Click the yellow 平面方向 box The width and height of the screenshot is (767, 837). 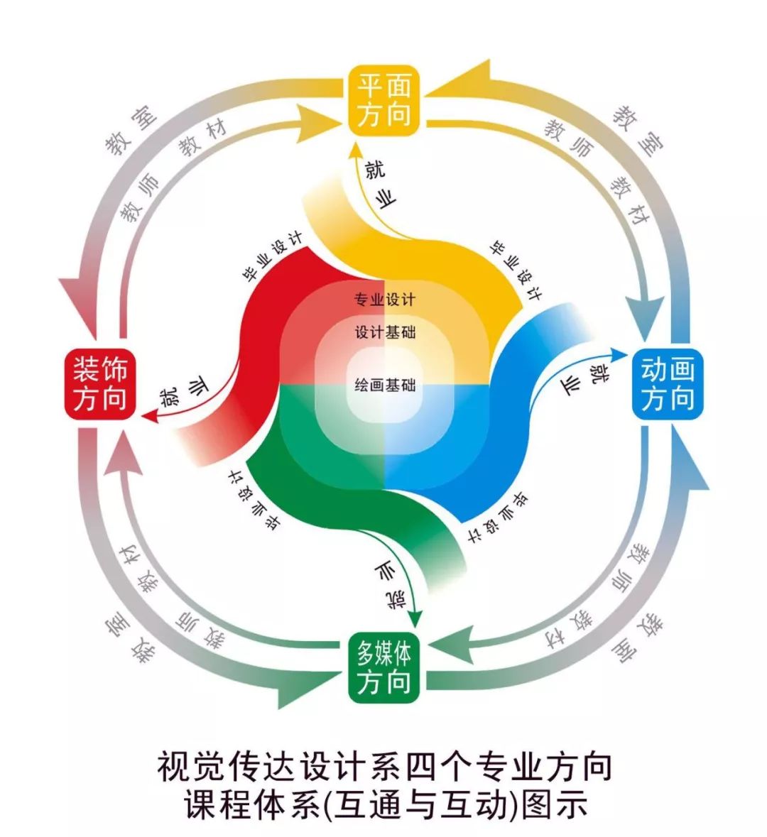[x=383, y=99]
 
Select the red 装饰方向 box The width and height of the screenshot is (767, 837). [x=99, y=384]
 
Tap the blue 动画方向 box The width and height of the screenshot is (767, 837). [x=667, y=384]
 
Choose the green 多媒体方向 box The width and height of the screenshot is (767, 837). [x=383, y=667]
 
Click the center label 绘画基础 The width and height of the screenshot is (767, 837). [x=385, y=386]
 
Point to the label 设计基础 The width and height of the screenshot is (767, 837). [x=385, y=332]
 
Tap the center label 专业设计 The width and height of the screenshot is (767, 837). [x=385, y=300]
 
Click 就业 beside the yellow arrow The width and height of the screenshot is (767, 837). [x=379, y=185]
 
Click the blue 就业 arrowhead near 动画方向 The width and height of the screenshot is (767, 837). [x=619, y=353]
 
